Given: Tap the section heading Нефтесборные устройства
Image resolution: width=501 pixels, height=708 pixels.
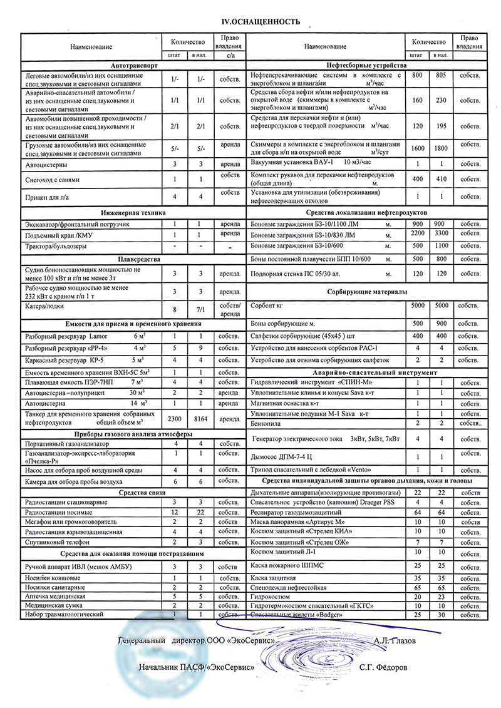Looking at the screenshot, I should point(367,65).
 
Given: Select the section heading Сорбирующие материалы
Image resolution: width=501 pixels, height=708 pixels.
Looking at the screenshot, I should point(367,292).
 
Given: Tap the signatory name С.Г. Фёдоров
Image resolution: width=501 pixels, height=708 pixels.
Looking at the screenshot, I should point(383,667).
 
